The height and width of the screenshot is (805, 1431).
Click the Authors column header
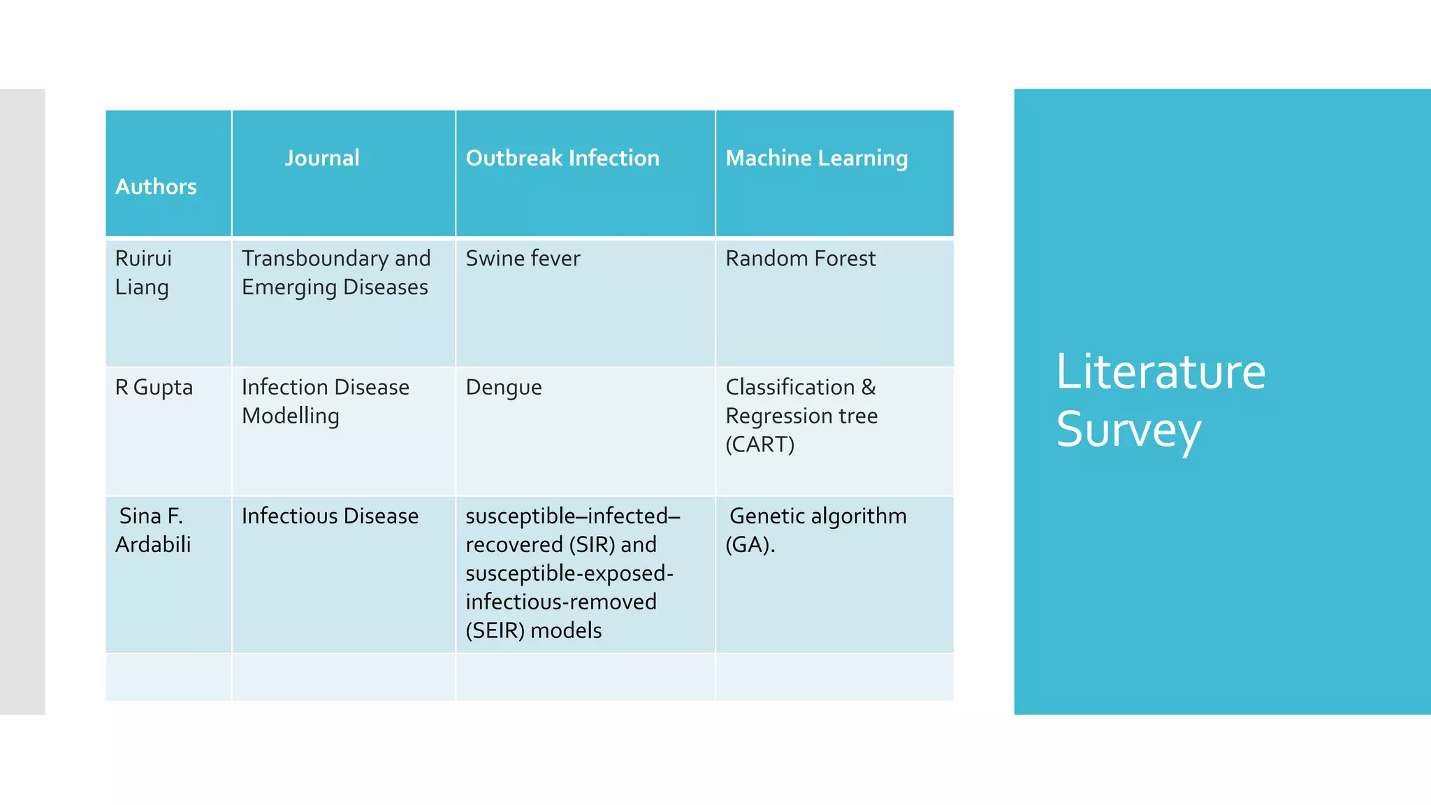click(x=156, y=187)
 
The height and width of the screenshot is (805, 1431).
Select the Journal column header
click(x=321, y=158)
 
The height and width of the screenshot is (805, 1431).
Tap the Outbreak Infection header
click(x=562, y=158)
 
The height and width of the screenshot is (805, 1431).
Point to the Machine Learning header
click(x=816, y=159)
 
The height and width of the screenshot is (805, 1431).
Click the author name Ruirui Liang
click(x=143, y=273)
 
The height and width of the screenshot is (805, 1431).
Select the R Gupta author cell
click(x=154, y=387)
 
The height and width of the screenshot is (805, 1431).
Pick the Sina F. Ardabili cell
click(x=152, y=530)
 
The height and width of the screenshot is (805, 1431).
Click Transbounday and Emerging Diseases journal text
click(x=335, y=273)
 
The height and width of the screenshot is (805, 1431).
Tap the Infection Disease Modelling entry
click(x=325, y=401)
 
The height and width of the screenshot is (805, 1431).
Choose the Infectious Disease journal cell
click(x=330, y=516)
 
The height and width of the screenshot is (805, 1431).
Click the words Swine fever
click(x=523, y=259)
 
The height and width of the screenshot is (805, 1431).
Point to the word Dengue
click(x=503, y=387)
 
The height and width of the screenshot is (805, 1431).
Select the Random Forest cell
click(x=800, y=259)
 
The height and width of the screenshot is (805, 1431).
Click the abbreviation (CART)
click(x=760, y=444)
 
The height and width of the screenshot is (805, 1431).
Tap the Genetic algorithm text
click(x=818, y=516)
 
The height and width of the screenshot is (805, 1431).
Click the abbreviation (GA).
click(x=749, y=544)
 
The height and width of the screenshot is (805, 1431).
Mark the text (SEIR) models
click(x=533, y=630)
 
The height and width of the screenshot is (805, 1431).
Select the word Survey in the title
click(x=1128, y=429)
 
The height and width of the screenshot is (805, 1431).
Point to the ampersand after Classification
click(x=869, y=387)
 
